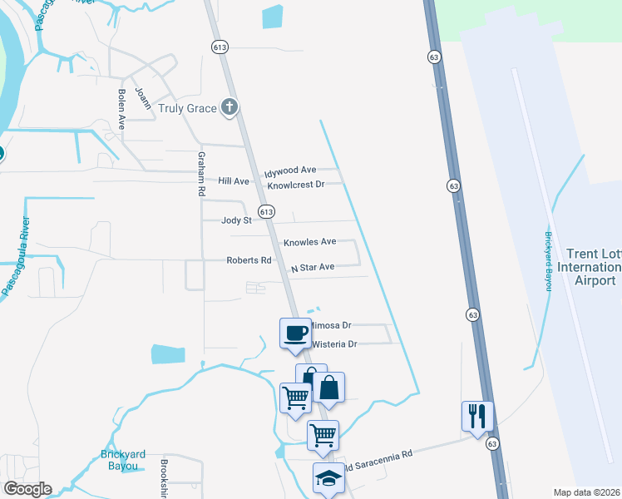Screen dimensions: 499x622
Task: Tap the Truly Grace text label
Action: coord(188,107)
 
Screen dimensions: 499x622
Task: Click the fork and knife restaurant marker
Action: coord(477,416)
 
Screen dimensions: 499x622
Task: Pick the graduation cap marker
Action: coord(327,479)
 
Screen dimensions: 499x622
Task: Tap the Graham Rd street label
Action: coord(201,174)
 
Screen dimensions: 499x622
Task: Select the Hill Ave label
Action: coord(234,180)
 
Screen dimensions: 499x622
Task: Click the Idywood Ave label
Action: coord(290,170)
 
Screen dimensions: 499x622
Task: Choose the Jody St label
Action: coord(236,220)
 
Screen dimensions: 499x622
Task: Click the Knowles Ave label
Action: coord(309,242)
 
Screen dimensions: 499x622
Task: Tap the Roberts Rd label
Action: coord(249,260)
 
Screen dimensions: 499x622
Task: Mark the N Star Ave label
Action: coord(312,268)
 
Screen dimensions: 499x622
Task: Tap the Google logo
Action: coord(27,489)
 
